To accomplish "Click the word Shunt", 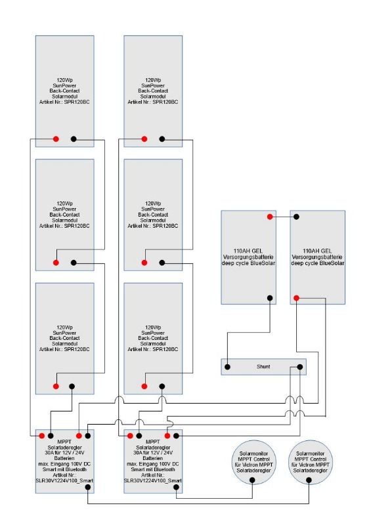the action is [263, 367].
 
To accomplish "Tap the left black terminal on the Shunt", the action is [227, 367].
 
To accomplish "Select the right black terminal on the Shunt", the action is [300, 367].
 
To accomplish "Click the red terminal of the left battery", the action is [270, 217].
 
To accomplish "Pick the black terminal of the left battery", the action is [270, 298].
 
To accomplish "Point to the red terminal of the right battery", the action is [296, 298].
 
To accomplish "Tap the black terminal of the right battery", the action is [296, 217].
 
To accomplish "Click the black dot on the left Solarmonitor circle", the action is [252, 480].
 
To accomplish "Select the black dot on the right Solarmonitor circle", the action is [309, 480].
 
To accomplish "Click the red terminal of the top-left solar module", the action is [56, 139].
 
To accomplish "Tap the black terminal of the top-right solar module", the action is [162, 139].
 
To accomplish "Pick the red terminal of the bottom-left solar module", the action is [56, 387].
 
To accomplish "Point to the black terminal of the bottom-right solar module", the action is [162, 387].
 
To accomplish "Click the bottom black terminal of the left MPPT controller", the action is [88, 488].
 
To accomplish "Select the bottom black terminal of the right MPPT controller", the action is [176, 488].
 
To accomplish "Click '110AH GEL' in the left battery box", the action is [248, 251].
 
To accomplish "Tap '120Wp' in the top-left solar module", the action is [65, 80].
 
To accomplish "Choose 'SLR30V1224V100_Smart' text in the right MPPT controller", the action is [153, 481].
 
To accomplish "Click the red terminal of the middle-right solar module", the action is [144, 263].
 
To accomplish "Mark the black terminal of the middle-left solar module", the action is [74, 263].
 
